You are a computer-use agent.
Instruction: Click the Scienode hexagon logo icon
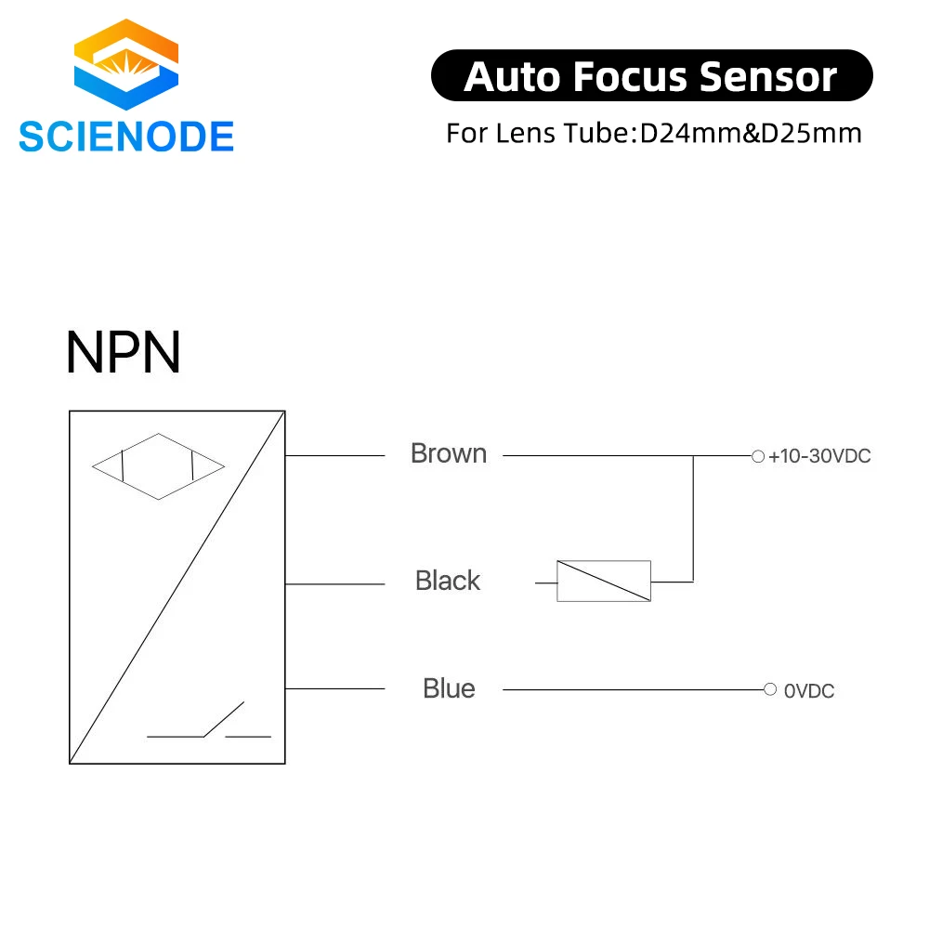point(126,64)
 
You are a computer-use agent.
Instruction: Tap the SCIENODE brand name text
point(126,137)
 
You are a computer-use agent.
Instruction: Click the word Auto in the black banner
point(512,77)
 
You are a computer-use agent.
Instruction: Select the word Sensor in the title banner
point(768,77)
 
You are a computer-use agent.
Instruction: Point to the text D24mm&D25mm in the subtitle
point(751,133)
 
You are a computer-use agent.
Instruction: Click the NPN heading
point(123,352)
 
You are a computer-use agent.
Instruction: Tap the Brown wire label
point(449,454)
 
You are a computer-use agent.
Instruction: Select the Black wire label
point(448,581)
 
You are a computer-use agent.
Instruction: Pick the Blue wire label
point(449,689)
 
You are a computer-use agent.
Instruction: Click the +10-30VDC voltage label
point(819,456)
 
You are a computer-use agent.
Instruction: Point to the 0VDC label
point(809,691)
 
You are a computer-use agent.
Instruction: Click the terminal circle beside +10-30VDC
point(758,456)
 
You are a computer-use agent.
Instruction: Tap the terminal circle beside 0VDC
point(770,689)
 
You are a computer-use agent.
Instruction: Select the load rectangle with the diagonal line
point(604,582)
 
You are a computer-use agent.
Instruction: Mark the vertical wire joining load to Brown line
point(693,519)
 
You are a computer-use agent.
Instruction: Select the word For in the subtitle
point(467,133)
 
